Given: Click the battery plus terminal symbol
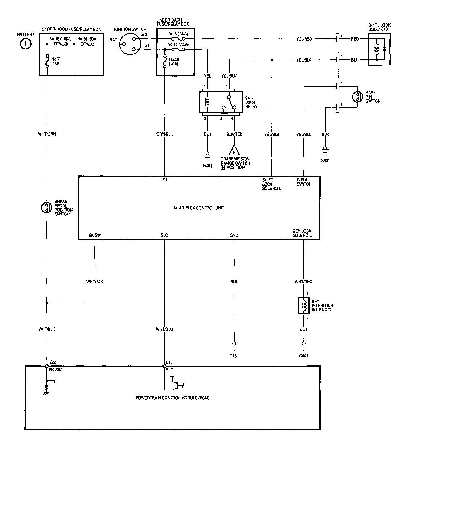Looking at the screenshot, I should [26, 44].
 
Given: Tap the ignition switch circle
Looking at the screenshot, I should [129, 44].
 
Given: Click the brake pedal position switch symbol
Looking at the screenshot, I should [47, 208].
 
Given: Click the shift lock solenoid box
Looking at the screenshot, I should [379, 49].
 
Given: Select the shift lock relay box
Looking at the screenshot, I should [221, 102].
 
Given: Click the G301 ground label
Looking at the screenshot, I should [325, 161].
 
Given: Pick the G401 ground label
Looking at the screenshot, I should [303, 356].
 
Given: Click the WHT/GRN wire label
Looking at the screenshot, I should [47, 134].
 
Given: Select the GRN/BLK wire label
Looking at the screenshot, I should [164, 134].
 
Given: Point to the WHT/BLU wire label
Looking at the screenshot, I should [164, 329].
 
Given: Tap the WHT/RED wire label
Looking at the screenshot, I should [303, 282].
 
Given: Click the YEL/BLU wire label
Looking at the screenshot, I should [304, 134].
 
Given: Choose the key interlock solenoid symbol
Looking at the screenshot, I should [303, 305].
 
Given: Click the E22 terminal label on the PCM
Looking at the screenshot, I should [53, 362].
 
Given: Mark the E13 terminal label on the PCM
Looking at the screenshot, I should [169, 362].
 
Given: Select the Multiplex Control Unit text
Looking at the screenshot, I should [199, 208].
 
